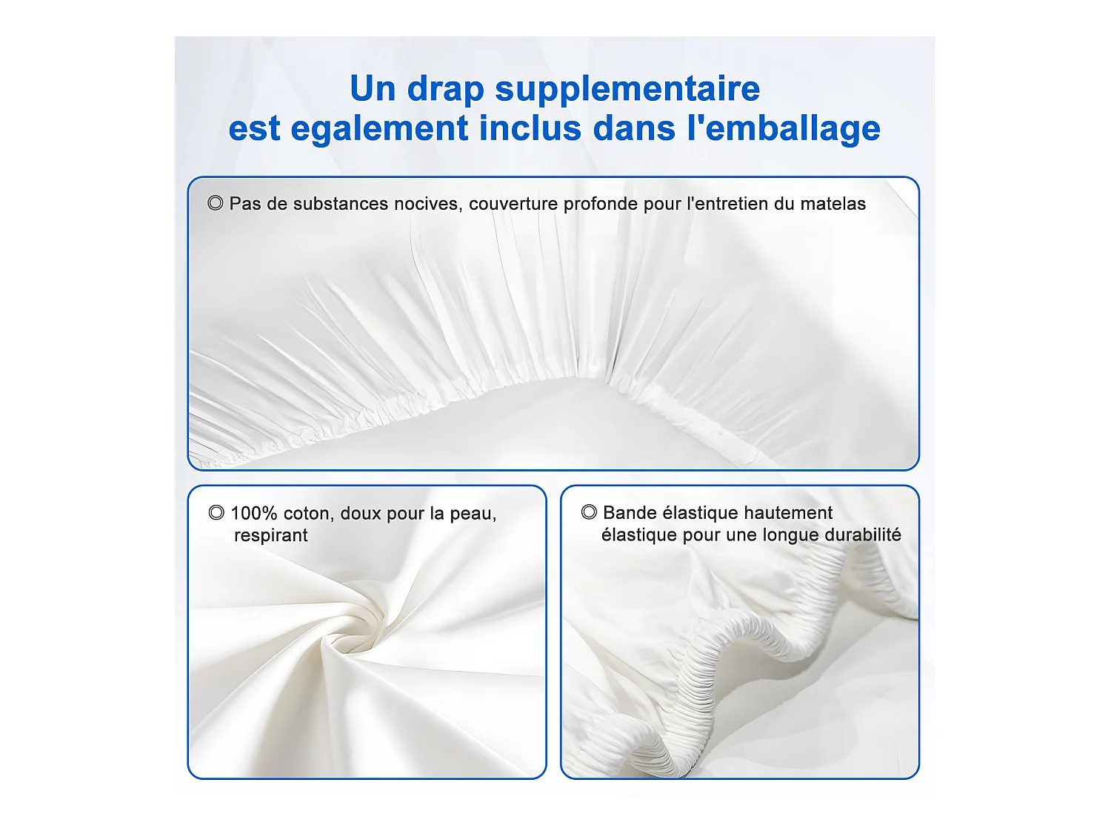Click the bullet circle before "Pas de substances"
[x=215, y=203]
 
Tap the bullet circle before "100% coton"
[x=216, y=512]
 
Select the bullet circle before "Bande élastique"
[x=589, y=512]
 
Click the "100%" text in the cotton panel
[x=254, y=514]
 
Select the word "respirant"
[x=271, y=536]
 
